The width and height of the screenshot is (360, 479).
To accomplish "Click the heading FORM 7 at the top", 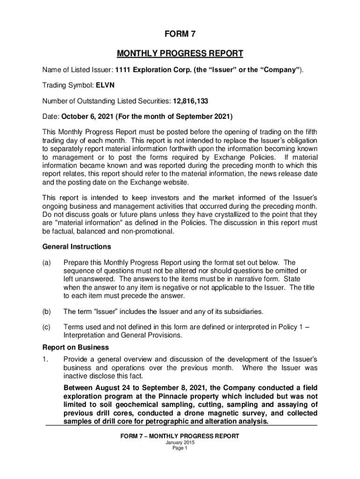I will [x=180, y=34].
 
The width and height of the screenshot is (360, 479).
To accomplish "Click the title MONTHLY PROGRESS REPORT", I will [x=180, y=53].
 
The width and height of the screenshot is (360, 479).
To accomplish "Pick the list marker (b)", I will [x=47, y=311].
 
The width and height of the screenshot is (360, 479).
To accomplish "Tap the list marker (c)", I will [x=47, y=327].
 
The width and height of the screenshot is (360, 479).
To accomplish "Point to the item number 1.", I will [x=45, y=359].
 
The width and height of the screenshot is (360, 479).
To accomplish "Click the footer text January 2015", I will [x=180, y=443].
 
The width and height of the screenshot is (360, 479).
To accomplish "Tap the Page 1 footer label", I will [x=180, y=448].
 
